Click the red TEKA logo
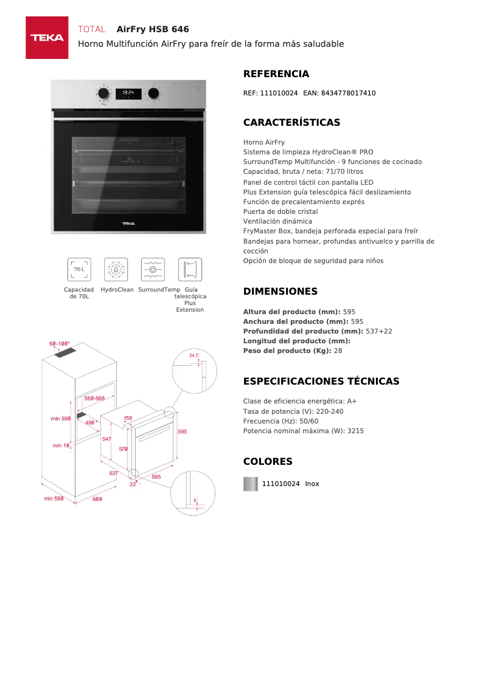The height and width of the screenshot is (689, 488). click(47, 38)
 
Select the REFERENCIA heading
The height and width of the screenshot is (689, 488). click(276, 74)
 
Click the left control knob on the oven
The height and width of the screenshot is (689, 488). click(104, 94)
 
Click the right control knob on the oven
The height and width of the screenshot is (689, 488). click(154, 94)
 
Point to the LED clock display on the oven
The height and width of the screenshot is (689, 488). click(128, 94)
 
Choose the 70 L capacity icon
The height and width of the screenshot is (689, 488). click(79, 269)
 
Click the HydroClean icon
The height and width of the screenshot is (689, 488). click(116, 269)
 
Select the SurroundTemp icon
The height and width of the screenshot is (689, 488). click(153, 269)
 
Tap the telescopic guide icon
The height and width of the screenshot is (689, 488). click(190, 269)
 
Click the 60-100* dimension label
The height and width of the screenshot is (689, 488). click(60, 344)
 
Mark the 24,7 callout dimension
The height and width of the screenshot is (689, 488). click(193, 355)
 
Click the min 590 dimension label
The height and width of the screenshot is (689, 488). click(61, 419)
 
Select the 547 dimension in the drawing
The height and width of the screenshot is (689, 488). click(106, 439)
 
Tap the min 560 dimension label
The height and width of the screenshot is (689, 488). click(54, 499)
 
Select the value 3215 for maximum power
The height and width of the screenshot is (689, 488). click(355, 431)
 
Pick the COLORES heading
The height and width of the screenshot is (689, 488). click(268, 462)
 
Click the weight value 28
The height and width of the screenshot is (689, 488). click(338, 351)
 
